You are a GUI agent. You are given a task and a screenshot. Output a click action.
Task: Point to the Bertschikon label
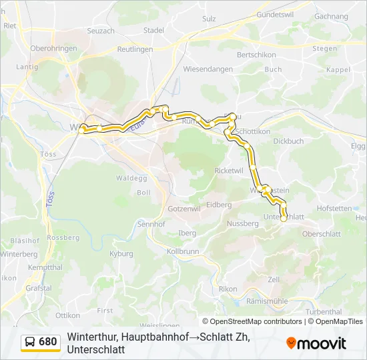click(x=256, y=54)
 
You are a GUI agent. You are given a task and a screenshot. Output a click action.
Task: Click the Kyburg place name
click(x=121, y=254)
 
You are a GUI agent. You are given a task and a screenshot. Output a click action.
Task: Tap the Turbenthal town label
click(x=323, y=311)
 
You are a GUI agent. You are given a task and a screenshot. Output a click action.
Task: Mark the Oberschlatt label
click(x=322, y=234)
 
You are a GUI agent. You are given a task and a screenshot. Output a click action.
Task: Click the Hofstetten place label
click(x=334, y=208)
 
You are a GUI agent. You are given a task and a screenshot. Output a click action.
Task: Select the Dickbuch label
click(x=288, y=141)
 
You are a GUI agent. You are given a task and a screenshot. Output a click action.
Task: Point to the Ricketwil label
click(x=229, y=171)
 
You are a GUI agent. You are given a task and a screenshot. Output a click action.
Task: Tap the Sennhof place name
click(x=151, y=224)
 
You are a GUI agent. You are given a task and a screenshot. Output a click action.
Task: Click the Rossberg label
click(x=63, y=237)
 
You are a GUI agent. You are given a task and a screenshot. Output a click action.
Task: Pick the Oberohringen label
click(x=51, y=49)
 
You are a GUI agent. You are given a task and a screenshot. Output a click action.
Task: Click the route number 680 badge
click(x=48, y=342)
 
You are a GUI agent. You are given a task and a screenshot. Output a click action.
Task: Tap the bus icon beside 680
click(x=30, y=342)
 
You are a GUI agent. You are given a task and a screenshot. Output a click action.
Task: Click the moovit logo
click(x=316, y=343)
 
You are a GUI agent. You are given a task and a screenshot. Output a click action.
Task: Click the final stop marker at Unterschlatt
click(x=284, y=218)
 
